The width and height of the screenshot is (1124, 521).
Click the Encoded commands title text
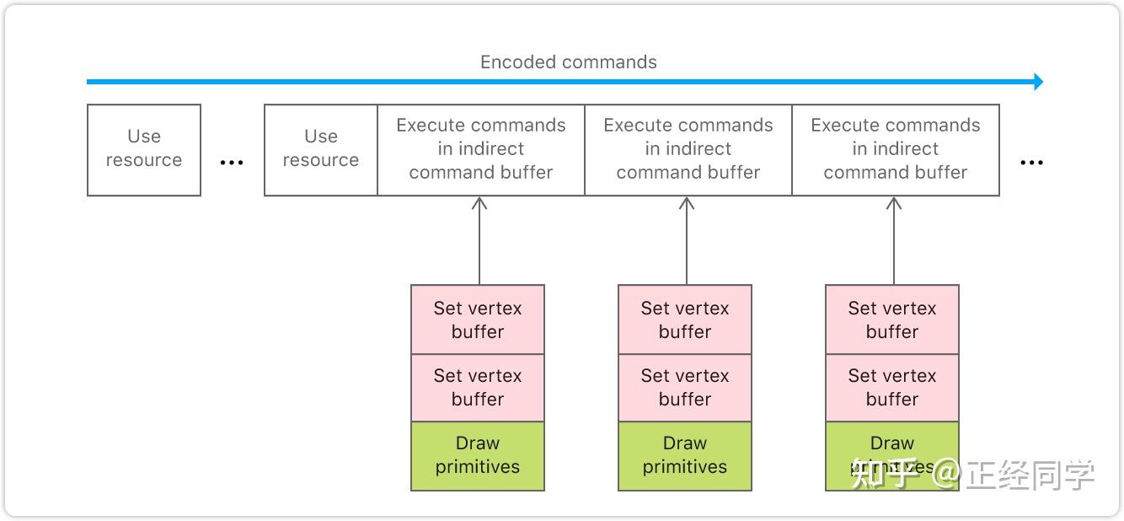(568, 62)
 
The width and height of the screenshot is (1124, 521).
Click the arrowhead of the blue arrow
(1038, 82)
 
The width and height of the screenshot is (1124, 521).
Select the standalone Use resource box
(144, 150)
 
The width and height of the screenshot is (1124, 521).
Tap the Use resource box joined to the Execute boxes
(321, 150)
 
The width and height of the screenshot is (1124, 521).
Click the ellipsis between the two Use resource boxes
(232, 163)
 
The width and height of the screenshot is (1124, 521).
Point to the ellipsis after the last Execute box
(1031, 163)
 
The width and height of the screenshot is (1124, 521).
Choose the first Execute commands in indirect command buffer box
(481, 150)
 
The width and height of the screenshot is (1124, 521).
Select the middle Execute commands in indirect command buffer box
(688, 150)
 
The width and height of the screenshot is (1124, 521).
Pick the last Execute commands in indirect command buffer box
(896, 150)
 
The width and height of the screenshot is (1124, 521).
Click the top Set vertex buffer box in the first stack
(478, 320)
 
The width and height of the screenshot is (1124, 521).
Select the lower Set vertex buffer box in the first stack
(478, 388)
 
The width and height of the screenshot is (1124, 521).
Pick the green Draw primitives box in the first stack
(478, 455)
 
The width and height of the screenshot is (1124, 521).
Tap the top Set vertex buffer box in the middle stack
(685, 320)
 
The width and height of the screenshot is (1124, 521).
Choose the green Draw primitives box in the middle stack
(685, 455)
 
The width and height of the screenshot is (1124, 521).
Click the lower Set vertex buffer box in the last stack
(892, 388)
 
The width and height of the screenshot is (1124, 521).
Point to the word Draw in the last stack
(892, 443)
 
